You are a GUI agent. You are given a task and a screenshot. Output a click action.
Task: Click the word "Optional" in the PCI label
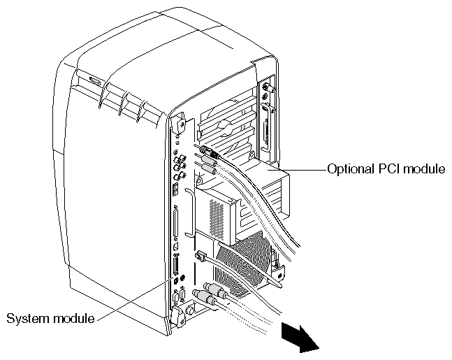pos(347,169)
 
